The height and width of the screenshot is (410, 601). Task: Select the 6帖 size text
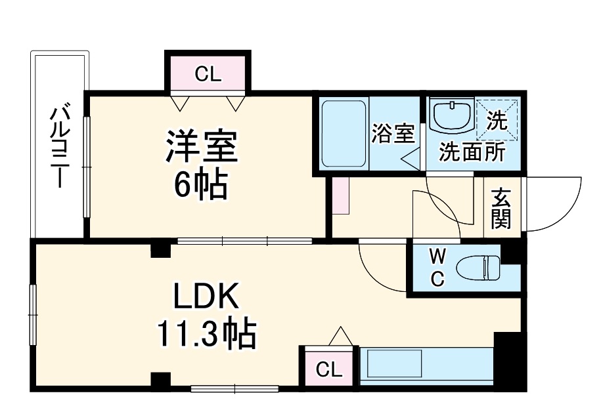point(200,187)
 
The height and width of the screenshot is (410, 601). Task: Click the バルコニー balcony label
point(60,146)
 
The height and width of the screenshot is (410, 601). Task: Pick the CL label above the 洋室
point(208,74)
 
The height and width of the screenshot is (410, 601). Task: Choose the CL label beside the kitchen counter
point(329,370)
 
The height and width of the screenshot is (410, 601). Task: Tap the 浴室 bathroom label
point(393,134)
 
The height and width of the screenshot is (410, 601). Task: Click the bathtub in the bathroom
point(343,133)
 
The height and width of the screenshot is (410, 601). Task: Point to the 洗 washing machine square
point(497,119)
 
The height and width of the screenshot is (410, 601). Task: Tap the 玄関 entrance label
point(501,208)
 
